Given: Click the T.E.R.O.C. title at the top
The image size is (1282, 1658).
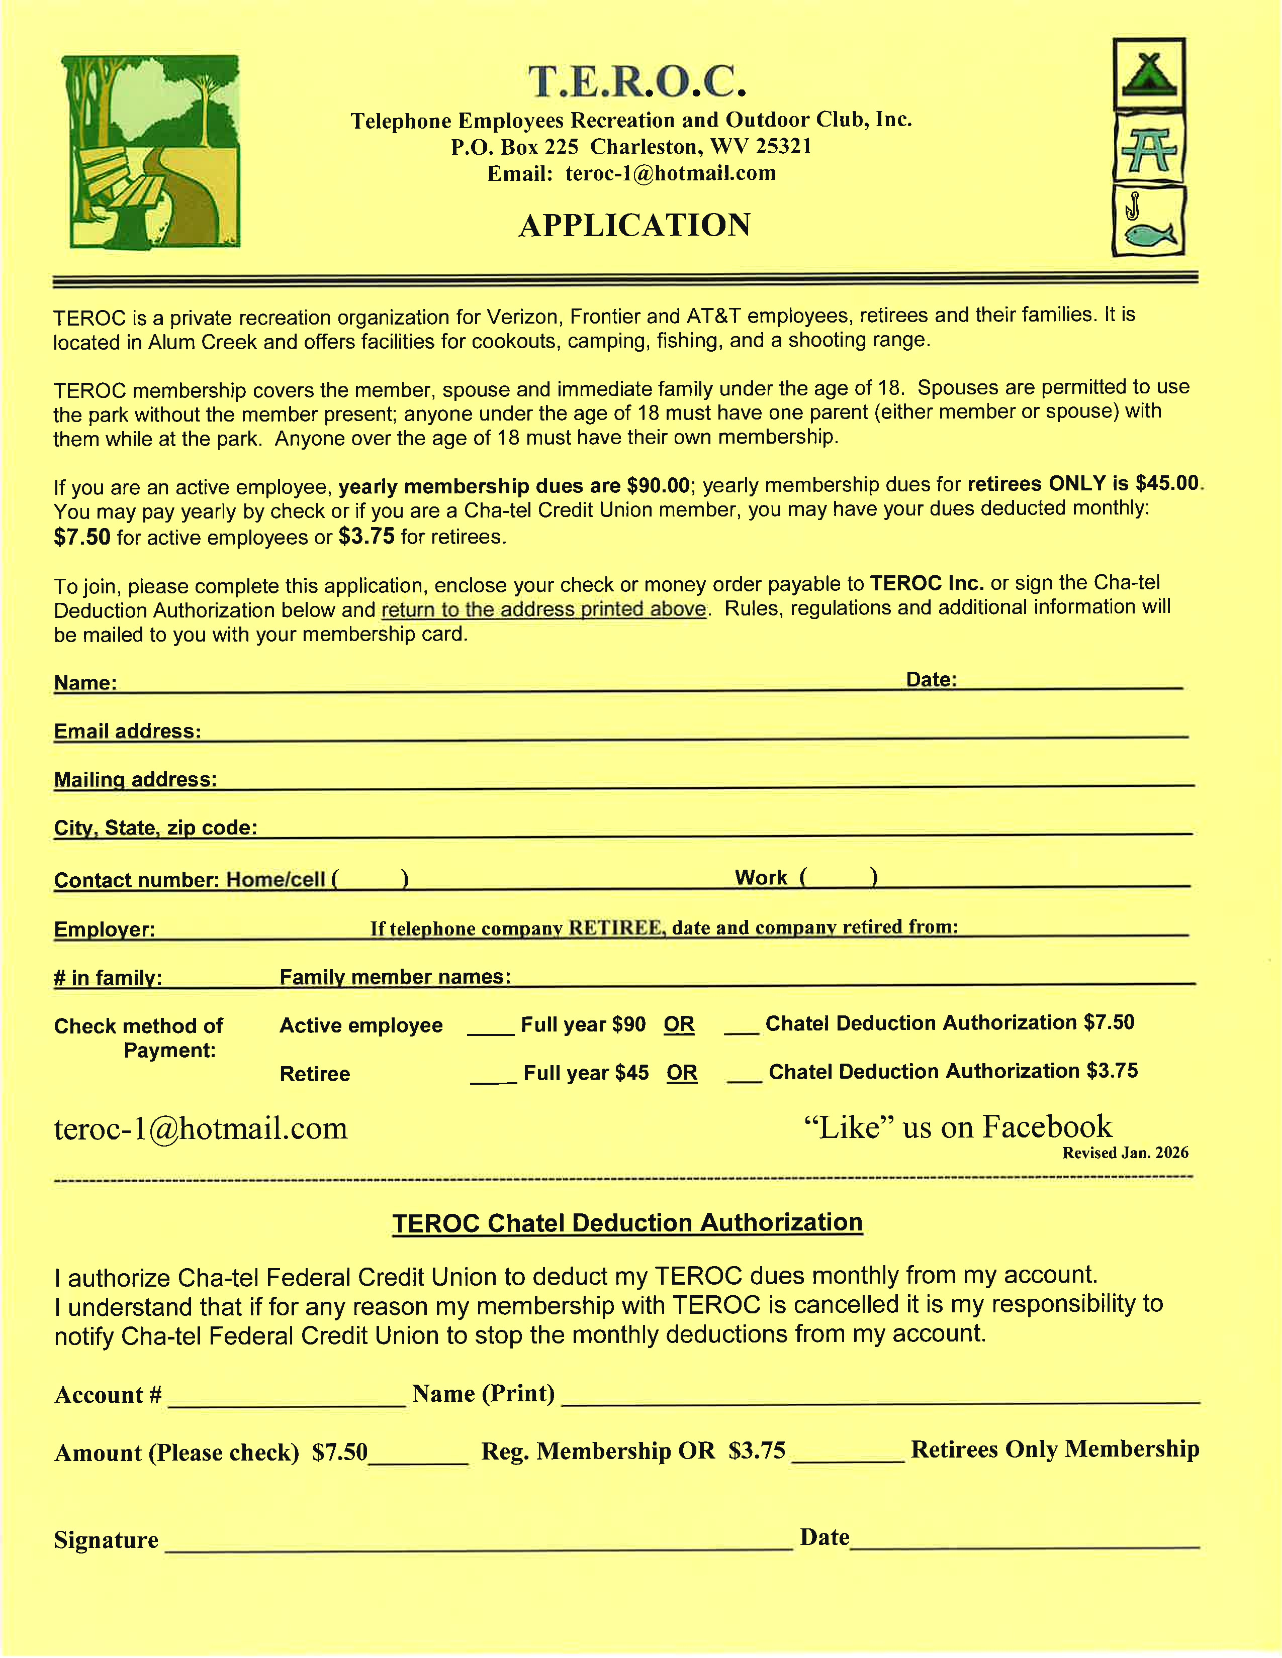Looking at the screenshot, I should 636,82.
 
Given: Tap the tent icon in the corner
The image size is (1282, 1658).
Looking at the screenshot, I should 1149,74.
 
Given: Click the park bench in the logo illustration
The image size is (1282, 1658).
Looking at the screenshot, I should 122,190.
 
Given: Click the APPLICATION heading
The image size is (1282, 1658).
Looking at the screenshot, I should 635,226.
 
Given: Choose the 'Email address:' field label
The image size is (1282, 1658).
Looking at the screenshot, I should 128,731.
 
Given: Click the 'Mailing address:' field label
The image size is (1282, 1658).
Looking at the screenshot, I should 135,780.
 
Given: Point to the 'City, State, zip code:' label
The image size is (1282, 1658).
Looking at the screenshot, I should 155,827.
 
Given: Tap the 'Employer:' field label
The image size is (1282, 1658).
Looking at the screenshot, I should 104,929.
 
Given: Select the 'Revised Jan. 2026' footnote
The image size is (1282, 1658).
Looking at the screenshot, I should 1125,1153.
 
